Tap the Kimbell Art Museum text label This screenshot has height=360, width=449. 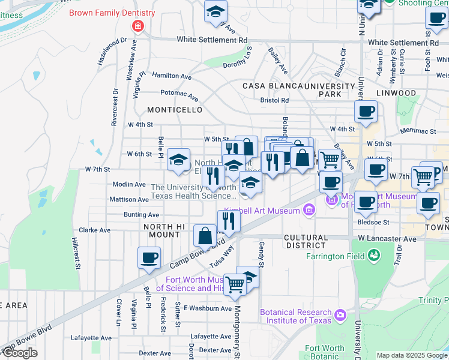click(262, 211)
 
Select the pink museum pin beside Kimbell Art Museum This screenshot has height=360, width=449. click(309, 209)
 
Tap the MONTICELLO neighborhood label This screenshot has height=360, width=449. click(175, 110)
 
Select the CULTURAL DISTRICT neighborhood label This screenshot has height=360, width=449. click(306, 242)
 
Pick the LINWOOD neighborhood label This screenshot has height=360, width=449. click(396, 93)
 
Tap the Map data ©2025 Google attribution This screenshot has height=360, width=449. click(412, 355)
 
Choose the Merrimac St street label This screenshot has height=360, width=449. click(416, 131)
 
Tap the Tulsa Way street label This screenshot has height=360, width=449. click(221, 256)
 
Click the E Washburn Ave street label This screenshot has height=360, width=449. click(208, 308)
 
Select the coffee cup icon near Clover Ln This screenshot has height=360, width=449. click(149, 258)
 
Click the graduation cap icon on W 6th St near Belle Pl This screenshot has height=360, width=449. click(178, 159)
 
